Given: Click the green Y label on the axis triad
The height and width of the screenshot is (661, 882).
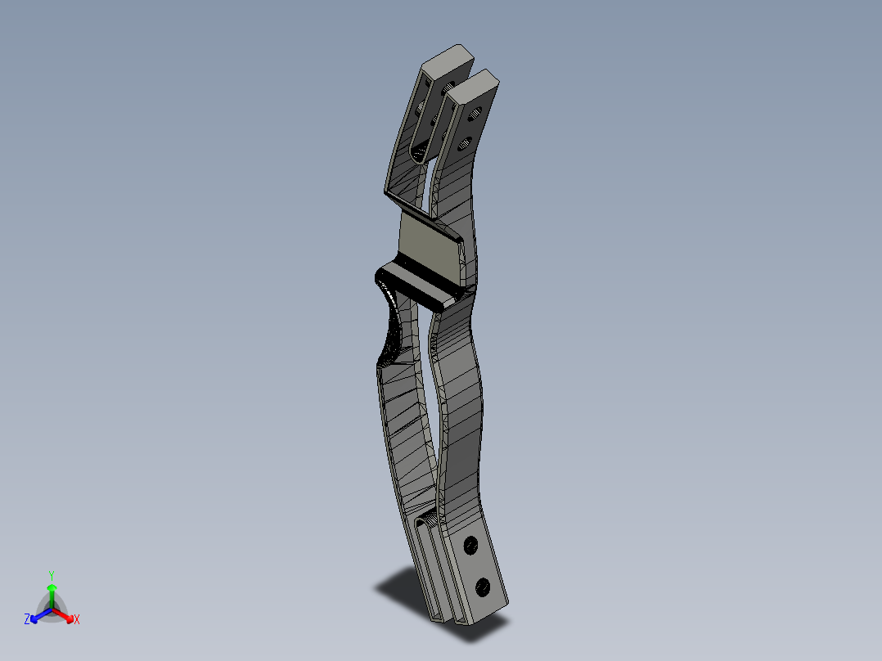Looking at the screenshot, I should click(x=51, y=574).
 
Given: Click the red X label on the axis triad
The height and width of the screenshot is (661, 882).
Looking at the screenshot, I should click(x=77, y=620).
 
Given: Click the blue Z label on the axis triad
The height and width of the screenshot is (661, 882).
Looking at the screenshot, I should click(x=27, y=620).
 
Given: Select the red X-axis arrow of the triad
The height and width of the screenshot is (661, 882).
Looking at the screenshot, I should click(x=65, y=614).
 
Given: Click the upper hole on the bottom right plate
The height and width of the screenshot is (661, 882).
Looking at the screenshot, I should click(x=470, y=544).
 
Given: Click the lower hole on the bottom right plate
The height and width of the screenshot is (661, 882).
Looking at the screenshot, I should click(x=482, y=586).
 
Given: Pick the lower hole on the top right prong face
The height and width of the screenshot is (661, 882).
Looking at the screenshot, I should click(x=463, y=146).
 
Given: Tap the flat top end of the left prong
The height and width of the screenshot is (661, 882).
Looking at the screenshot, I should click(x=448, y=60).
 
